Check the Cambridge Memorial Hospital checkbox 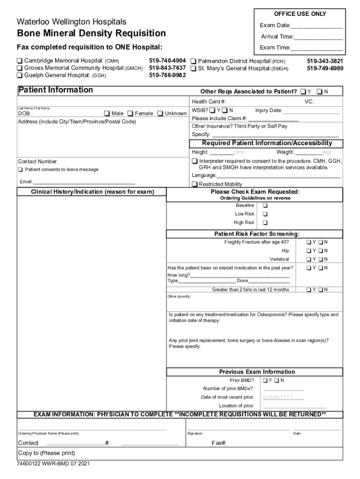tap(20, 61)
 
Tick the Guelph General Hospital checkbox tap(20, 75)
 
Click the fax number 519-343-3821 tap(324, 61)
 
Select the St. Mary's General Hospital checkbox tap(193, 68)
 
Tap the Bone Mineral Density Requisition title tap(91, 33)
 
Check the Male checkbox tap(107, 113)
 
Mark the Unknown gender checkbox tap(160, 113)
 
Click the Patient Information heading tap(56, 90)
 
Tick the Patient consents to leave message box tap(20, 170)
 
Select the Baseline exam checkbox tap(265, 205)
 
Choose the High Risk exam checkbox tap(265, 223)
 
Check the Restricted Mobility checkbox tap(194, 184)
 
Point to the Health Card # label tap(209, 102)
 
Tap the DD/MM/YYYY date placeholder tap(278, 397)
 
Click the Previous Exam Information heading tap(257, 372)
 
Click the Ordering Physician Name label tap(49, 434)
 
